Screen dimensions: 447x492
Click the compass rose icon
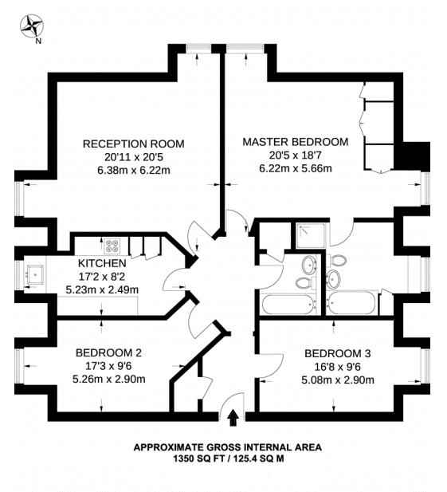click(x=32, y=26)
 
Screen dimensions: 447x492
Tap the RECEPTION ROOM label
click(x=134, y=144)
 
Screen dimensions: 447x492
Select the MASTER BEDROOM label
click(x=296, y=142)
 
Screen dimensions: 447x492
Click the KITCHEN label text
click(x=102, y=263)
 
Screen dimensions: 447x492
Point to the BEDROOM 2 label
click(x=109, y=352)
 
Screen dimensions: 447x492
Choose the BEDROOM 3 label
click(x=338, y=353)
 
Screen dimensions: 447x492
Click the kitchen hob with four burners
click(x=112, y=246)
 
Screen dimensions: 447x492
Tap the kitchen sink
click(x=35, y=275)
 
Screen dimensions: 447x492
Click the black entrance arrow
click(x=233, y=418)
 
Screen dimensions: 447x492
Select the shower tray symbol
click(x=312, y=236)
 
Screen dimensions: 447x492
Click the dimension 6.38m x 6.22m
click(x=134, y=171)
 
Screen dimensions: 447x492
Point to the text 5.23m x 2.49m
click(x=102, y=289)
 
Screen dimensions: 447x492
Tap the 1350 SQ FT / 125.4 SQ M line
click(x=229, y=459)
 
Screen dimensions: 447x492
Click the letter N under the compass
click(x=38, y=41)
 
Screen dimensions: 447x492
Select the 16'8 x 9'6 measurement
click(x=338, y=367)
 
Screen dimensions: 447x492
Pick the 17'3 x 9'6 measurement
click(x=109, y=366)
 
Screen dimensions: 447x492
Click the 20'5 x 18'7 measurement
click(x=296, y=155)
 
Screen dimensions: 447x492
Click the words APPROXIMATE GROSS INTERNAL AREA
click(x=228, y=447)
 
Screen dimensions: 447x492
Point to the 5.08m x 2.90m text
click(x=338, y=380)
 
